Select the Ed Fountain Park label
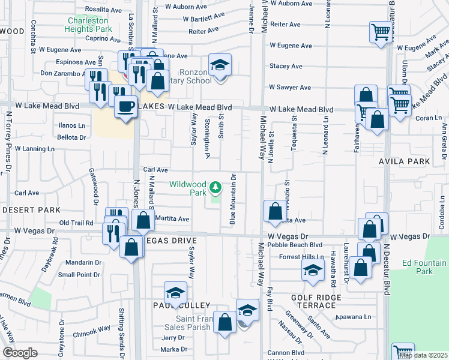(x=424, y=267)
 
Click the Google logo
(x=20, y=352)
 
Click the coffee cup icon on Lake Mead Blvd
(x=125, y=106)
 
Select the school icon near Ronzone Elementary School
(x=220, y=64)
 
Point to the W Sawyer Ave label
(x=290, y=87)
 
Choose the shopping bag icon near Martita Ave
(x=143, y=220)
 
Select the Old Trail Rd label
(x=76, y=223)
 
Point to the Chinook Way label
(x=92, y=328)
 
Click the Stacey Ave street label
(x=285, y=66)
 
